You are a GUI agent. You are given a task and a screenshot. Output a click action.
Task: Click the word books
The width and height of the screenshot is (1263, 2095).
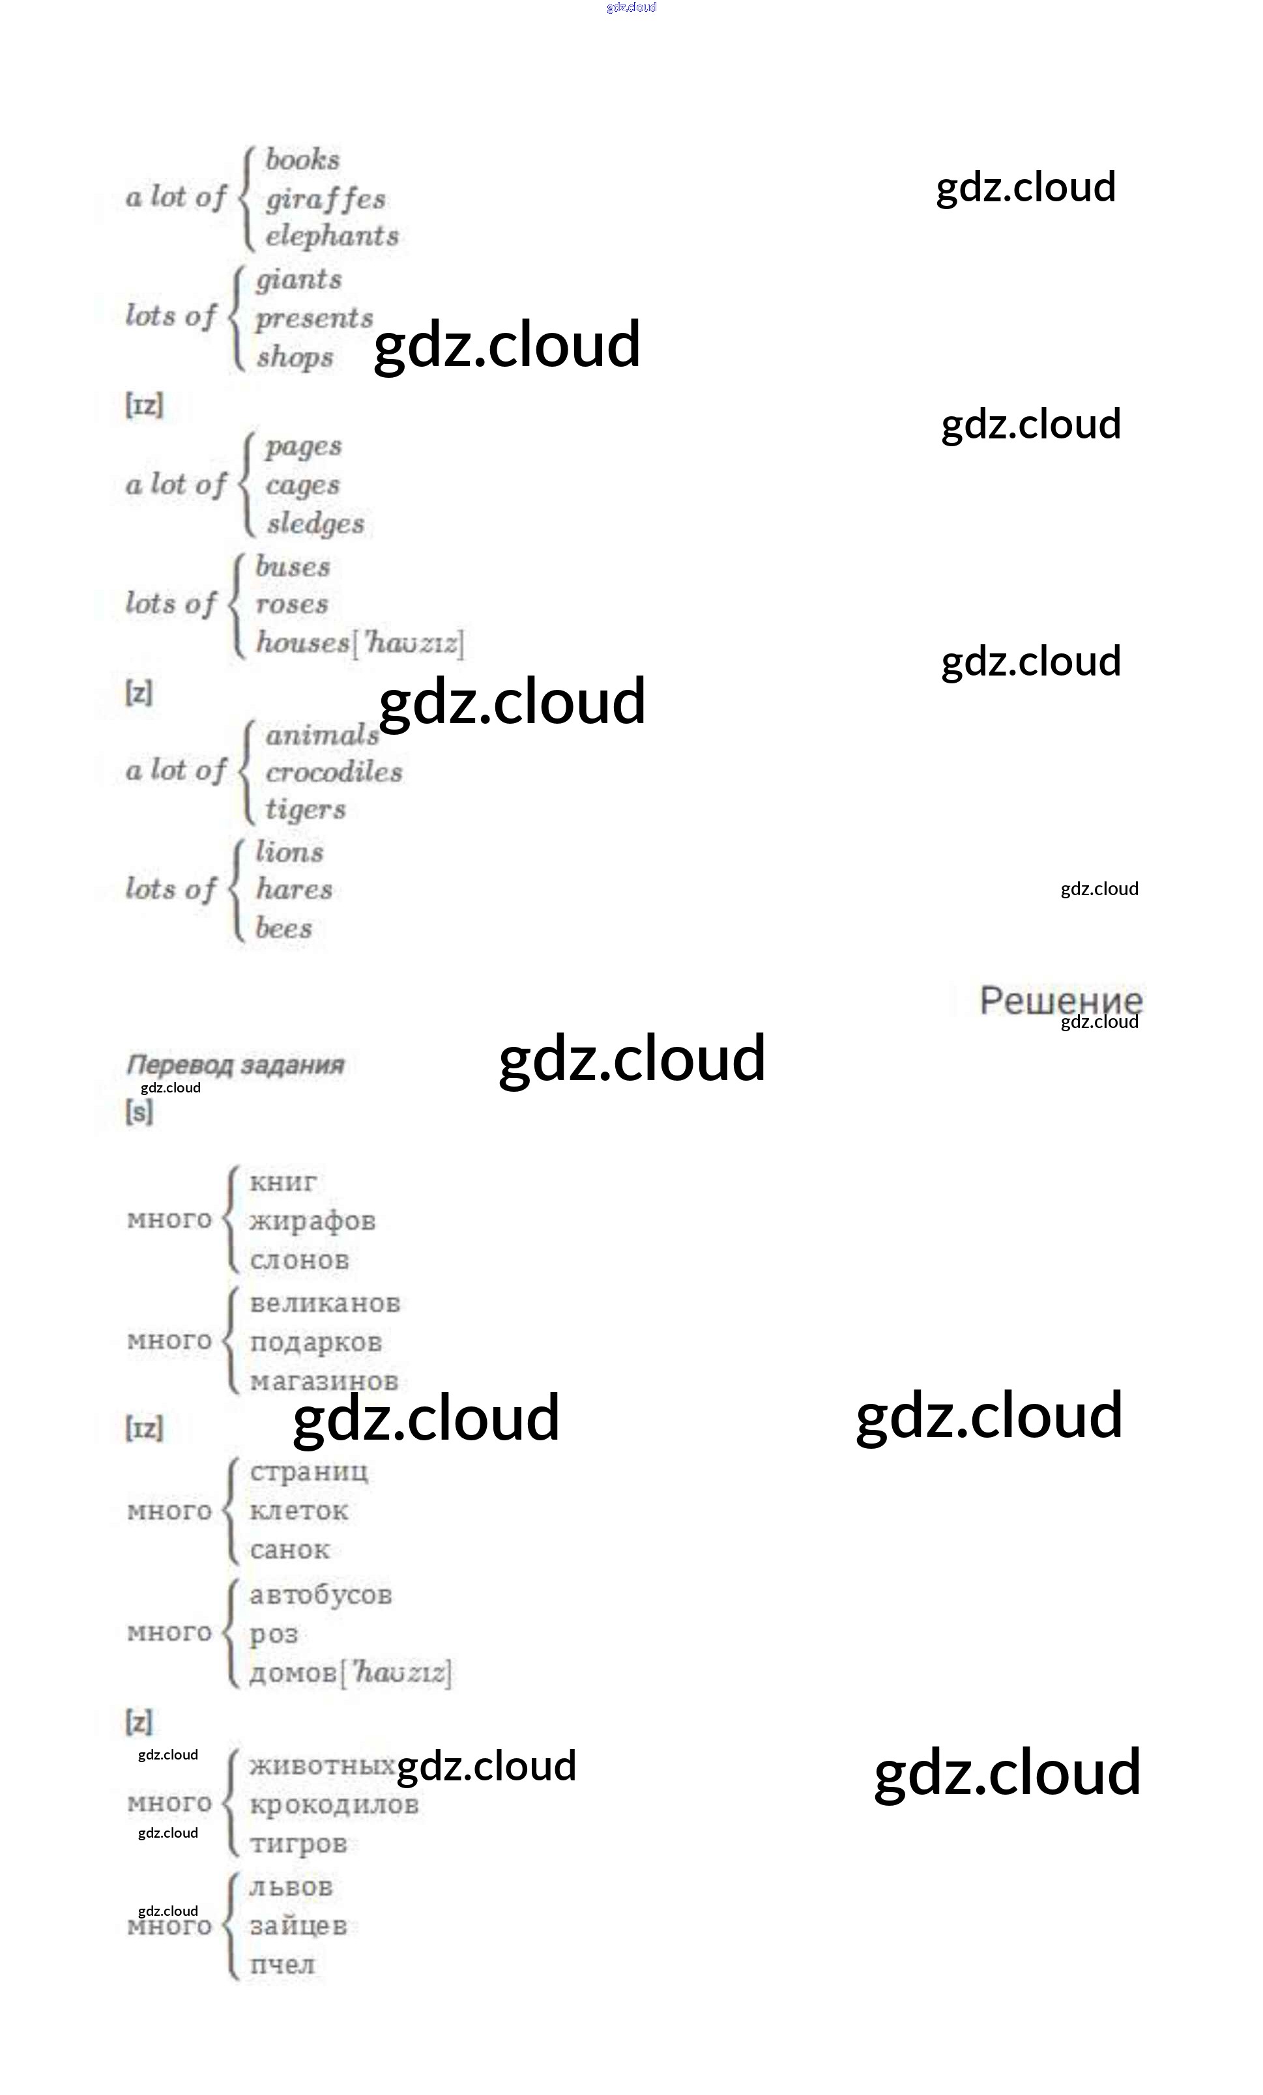tap(302, 160)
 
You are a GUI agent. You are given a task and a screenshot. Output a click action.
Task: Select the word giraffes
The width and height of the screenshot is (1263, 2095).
tap(326, 199)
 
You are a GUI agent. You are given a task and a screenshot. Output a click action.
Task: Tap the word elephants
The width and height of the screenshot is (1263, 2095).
tap(332, 236)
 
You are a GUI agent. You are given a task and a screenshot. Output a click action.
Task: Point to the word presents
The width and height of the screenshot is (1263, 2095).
tap(314, 319)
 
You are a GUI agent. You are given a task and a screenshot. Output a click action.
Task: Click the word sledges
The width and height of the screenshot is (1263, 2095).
tap(315, 524)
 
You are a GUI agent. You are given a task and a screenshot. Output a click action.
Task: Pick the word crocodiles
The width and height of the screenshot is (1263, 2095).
tap(334, 772)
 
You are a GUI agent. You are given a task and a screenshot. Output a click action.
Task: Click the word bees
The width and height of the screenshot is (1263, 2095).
tap(284, 928)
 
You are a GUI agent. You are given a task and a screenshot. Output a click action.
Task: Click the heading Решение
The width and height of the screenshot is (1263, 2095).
tap(1060, 1001)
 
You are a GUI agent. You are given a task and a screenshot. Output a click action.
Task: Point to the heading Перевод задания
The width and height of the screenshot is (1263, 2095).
tap(235, 1064)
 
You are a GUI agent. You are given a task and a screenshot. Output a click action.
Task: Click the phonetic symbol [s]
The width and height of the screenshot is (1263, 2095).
tap(139, 1111)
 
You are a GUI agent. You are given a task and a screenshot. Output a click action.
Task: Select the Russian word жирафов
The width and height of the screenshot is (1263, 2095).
tap(312, 1221)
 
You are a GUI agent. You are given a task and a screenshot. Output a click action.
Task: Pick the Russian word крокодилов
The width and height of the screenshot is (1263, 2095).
tap(334, 1804)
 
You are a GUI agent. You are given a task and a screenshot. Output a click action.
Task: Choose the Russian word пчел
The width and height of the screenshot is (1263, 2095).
tap(282, 1965)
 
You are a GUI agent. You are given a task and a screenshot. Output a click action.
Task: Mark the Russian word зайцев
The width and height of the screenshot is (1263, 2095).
tap(298, 1926)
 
